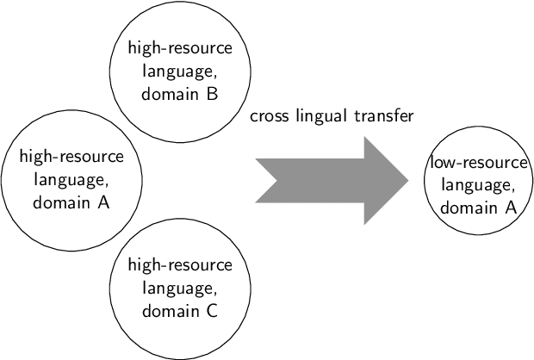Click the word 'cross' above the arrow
(x=268, y=116)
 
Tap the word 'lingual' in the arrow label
(x=318, y=116)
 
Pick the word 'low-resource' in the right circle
(x=478, y=162)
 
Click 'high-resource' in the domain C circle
(x=179, y=264)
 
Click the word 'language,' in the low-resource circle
(x=478, y=184)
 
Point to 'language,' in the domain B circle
(x=179, y=71)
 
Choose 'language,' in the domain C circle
(x=179, y=288)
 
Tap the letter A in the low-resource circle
(x=510, y=208)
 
